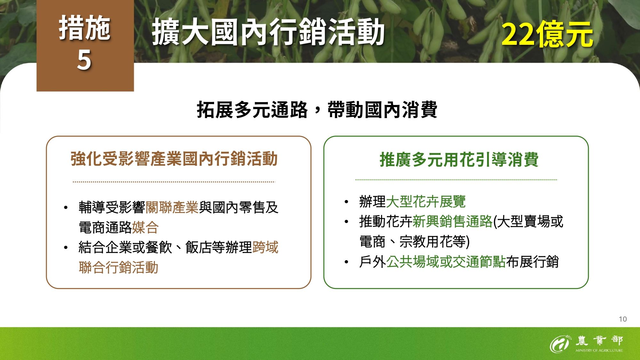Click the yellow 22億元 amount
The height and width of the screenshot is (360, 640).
coord(547,35)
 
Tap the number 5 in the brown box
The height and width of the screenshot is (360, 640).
coord(84,60)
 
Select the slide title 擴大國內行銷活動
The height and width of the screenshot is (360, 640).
coord(268,32)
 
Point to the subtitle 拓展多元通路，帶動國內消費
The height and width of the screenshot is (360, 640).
coord(317,110)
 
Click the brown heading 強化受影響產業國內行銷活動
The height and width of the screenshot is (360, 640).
coord(174,159)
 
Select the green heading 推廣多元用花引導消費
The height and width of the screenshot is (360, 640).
coord(459,160)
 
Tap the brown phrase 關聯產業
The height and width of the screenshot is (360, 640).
coord(172,208)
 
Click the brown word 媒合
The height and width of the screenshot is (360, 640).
coord(145,228)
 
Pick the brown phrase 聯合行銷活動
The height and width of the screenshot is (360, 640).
coord(118,268)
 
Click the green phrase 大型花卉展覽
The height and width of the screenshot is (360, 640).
coord(426,202)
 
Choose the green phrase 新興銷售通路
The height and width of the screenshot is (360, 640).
coord(452,221)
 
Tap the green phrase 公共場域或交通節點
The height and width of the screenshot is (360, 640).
coord(446,262)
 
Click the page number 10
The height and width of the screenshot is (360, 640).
coord(622,319)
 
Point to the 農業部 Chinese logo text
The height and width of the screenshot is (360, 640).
coord(599,340)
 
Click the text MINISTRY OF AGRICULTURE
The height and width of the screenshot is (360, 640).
coord(599,350)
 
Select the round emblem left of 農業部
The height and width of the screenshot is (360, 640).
coord(559,344)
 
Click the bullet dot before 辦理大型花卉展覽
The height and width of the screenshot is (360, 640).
coord(346,202)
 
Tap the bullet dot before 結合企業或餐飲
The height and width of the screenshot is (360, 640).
coord(66,248)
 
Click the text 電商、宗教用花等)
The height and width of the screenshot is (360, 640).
coord(414,242)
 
